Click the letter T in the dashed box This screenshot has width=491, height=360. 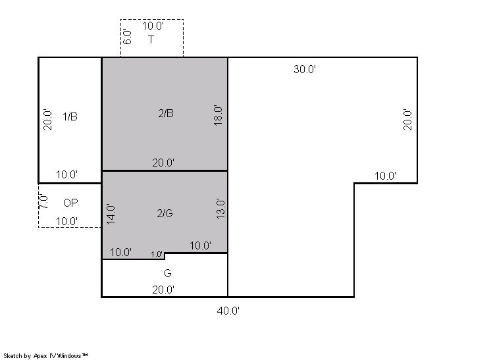point(151,39)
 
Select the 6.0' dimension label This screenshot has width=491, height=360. point(127,37)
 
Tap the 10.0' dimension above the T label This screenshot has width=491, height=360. point(153,26)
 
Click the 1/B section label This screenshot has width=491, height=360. point(70,116)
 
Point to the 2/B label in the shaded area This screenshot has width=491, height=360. point(166,113)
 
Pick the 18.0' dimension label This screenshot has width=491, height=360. point(218,115)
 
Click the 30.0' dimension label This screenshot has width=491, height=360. point(305,69)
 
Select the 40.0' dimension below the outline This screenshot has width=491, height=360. point(228,311)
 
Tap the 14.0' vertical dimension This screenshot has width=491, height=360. point(111,214)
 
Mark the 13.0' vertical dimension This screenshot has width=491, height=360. point(220,209)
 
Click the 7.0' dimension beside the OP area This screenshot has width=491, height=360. point(43,201)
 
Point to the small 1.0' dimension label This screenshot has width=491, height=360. point(157,254)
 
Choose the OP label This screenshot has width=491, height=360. point(70,203)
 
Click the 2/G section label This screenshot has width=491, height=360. point(165,213)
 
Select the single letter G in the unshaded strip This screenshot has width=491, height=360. point(168,273)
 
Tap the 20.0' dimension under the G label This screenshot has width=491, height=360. point(163,290)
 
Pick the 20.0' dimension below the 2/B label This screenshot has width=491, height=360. point(163,163)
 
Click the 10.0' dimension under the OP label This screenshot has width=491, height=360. point(66,221)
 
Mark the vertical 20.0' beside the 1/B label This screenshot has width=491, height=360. point(47,120)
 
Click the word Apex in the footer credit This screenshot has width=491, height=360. point(40,356)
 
